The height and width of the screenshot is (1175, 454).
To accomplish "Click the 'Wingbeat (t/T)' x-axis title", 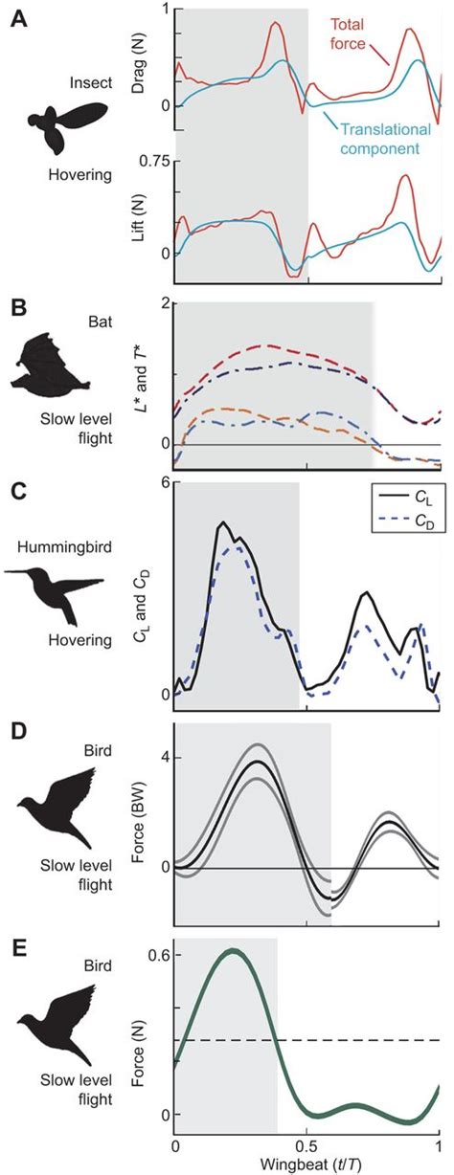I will pos(306,1164).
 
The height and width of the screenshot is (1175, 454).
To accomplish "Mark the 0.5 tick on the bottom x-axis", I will pos(306,1146).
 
